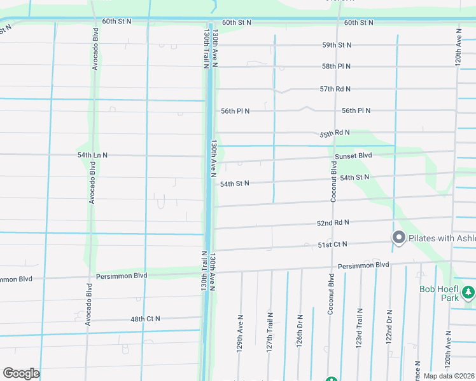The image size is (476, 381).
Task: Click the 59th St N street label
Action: click(x=337, y=45)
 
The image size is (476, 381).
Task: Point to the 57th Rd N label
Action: click(x=335, y=89)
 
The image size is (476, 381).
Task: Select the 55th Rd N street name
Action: click(x=335, y=133)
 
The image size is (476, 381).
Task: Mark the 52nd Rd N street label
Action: click(x=333, y=223)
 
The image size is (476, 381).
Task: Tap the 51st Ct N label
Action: click(x=333, y=244)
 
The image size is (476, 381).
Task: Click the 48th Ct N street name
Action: click(x=145, y=318)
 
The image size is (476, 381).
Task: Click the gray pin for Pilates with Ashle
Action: click(x=399, y=237)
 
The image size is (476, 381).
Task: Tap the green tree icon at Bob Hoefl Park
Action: click(x=468, y=293)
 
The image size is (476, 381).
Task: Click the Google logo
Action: click(x=21, y=373)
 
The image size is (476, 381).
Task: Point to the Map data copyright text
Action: click(x=449, y=376)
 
